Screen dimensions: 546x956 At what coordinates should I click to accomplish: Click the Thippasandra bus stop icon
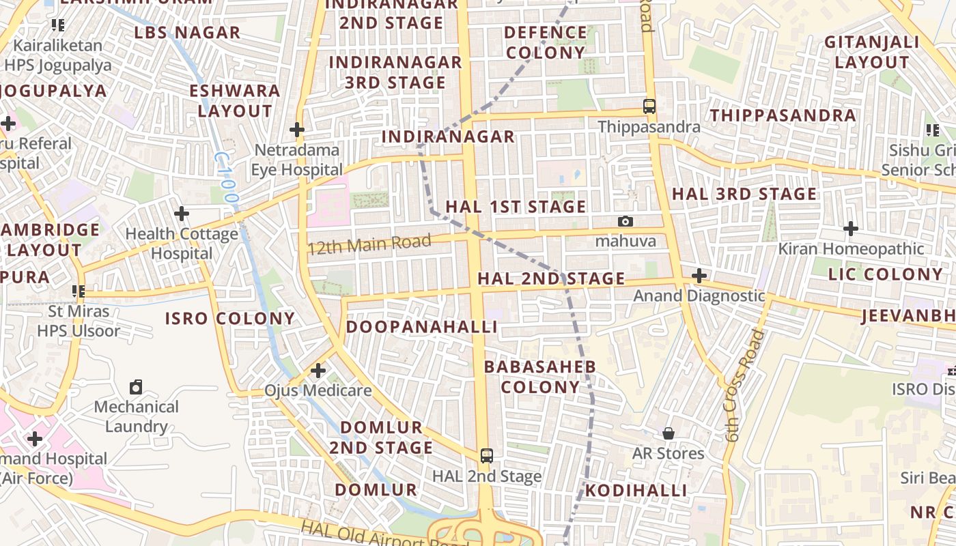(649, 106)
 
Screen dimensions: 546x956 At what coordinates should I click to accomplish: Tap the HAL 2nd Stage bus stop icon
(486, 455)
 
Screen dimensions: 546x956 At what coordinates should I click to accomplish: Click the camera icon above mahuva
(625, 221)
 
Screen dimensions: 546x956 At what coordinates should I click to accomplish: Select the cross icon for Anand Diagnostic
(699, 276)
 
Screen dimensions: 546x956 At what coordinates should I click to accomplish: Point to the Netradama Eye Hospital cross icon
(297, 129)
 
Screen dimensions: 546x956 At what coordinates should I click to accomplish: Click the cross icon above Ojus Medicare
(318, 371)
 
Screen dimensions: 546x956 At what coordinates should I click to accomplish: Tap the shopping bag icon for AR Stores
(669, 433)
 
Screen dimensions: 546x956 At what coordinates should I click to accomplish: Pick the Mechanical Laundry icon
(136, 387)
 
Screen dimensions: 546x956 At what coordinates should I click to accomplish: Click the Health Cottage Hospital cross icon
(182, 214)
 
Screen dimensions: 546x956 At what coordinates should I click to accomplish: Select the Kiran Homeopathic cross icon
(851, 229)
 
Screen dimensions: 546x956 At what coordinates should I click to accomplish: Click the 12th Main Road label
(369, 244)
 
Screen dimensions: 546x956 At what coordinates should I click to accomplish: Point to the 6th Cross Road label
(743, 386)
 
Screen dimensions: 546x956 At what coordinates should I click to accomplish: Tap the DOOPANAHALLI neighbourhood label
(421, 327)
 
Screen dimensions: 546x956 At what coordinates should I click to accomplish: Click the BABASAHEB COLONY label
(539, 377)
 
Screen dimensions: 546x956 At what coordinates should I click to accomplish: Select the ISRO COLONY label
(230, 319)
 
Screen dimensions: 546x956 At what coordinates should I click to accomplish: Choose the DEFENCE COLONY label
(546, 42)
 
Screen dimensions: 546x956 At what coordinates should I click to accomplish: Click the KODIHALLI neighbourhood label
(635, 491)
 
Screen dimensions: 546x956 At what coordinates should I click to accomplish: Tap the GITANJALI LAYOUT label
(872, 52)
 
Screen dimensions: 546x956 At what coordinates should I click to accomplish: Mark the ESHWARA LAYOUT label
(235, 100)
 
